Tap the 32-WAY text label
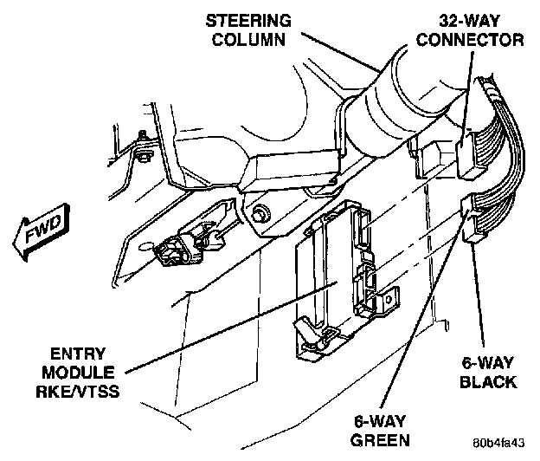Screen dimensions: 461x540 click(476, 18)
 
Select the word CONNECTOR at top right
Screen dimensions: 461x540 click(476, 39)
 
